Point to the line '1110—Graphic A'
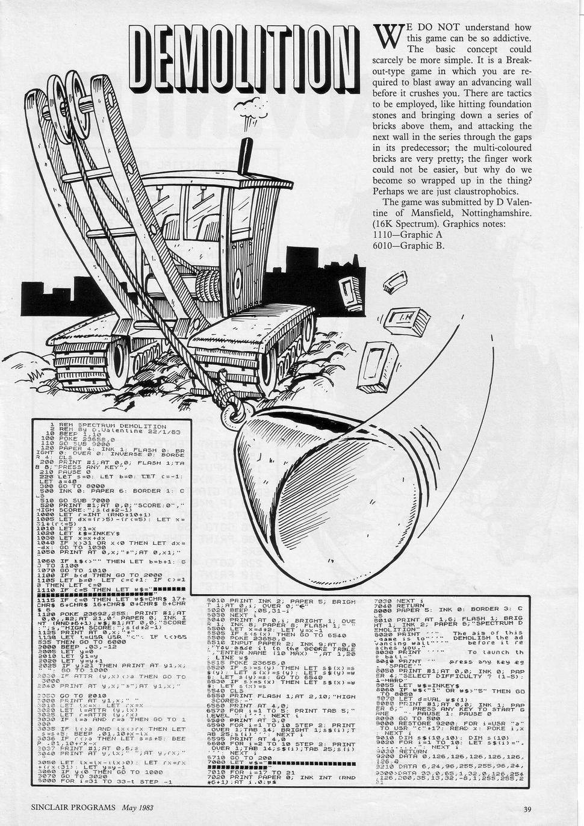point(409,235)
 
